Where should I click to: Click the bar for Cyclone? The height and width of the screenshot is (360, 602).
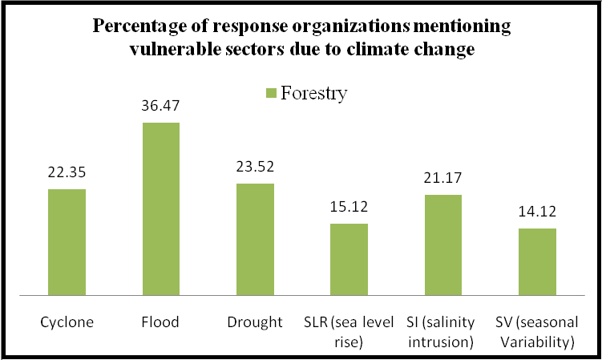coord(67,241)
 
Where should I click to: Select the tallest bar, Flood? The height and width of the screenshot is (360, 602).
coord(160,208)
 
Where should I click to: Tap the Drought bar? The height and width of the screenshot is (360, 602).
coord(254,239)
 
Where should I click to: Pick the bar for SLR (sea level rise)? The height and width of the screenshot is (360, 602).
coord(349,259)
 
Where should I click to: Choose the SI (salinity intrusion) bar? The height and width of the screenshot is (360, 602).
coord(442,245)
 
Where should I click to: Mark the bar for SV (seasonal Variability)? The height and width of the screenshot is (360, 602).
coord(536,261)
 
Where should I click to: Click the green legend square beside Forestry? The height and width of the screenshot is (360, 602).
coord(270,94)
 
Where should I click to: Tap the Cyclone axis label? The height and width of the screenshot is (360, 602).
coord(67,322)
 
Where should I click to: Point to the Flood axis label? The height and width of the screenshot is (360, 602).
coord(160,322)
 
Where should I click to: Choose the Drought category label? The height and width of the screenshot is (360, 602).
coord(254,322)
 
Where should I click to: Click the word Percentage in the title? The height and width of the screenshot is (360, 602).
coord(137,26)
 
